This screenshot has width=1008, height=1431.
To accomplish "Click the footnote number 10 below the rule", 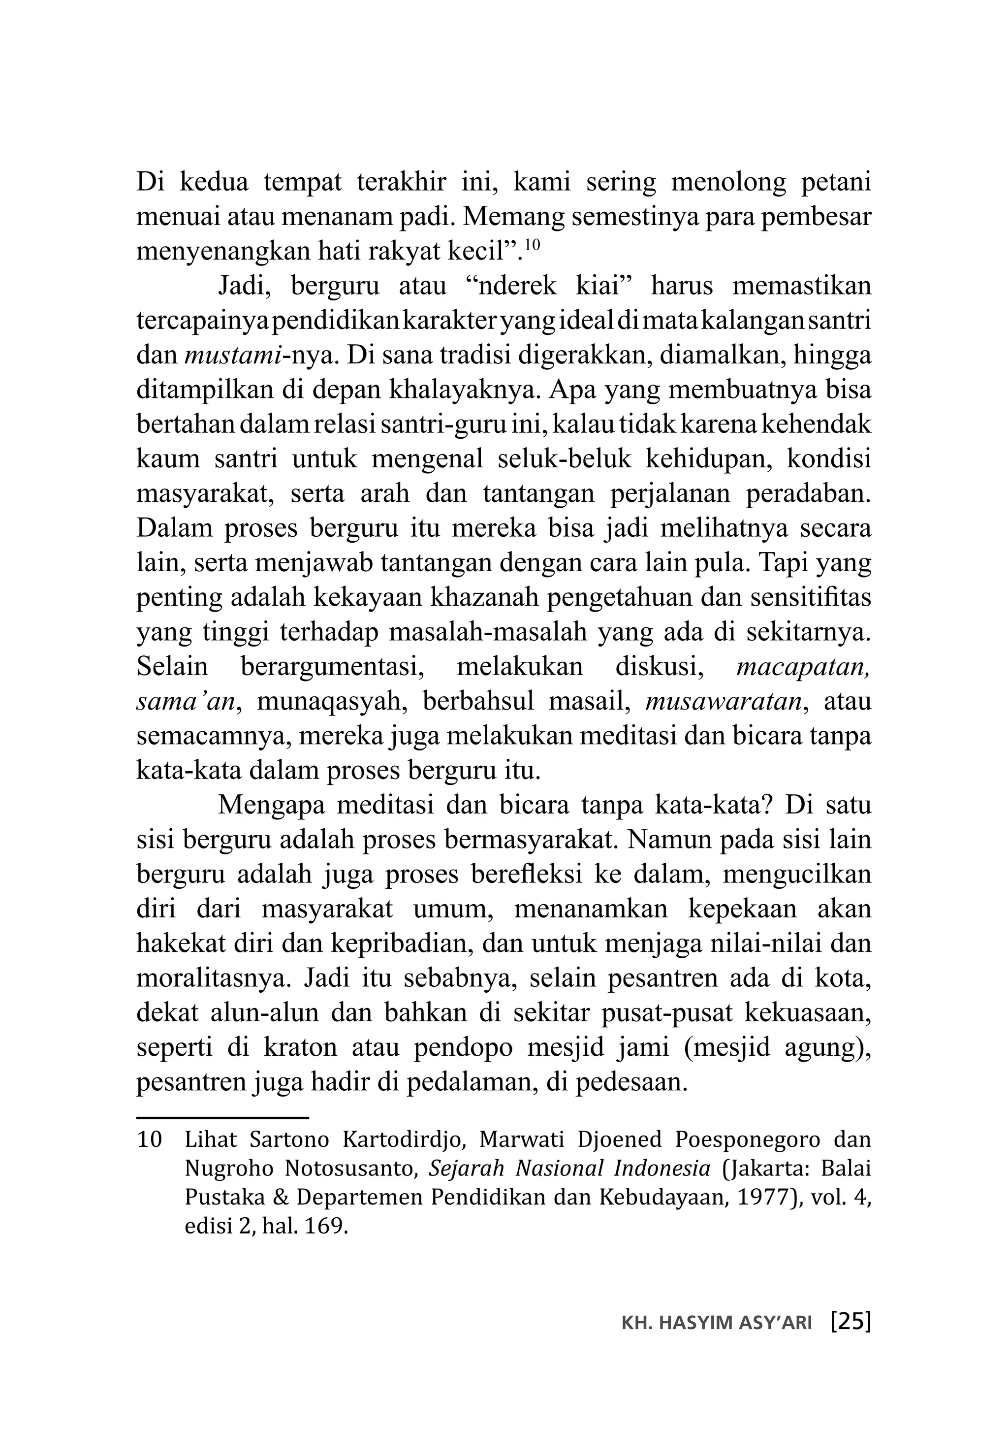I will click(x=149, y=1140).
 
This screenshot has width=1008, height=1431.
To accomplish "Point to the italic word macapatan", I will click(x=803, y=667).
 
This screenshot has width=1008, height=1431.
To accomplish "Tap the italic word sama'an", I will click(x=186, y=701).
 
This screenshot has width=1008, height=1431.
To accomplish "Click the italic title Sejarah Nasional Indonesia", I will click(x=569, y=1169).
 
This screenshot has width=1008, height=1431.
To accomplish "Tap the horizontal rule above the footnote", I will click(x=222, y=1118).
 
